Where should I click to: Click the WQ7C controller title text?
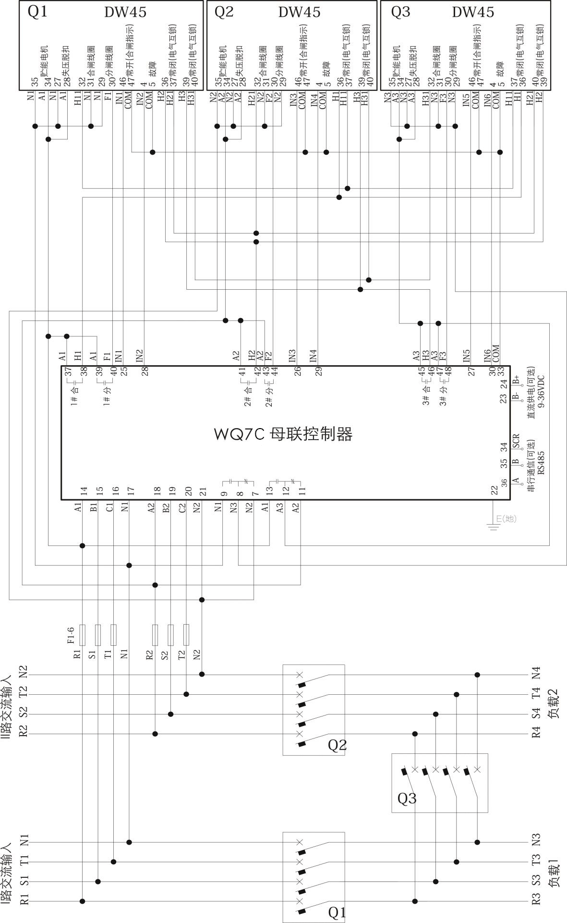(284, 434)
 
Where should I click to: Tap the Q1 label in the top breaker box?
(38, 12)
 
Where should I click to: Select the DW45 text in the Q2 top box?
(299, 12)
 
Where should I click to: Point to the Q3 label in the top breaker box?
(400, 12)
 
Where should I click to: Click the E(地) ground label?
(506, 518)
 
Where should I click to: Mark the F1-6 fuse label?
(71, 634)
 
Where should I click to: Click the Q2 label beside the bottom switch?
(337, 745)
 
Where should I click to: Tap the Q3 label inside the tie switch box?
(407, 799)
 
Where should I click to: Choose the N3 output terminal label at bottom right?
(536, 839)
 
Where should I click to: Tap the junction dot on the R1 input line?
(83, 901)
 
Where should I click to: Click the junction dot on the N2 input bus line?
(202, 675)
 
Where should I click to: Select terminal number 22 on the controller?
(494, 490)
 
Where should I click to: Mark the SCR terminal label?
(516, 441)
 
